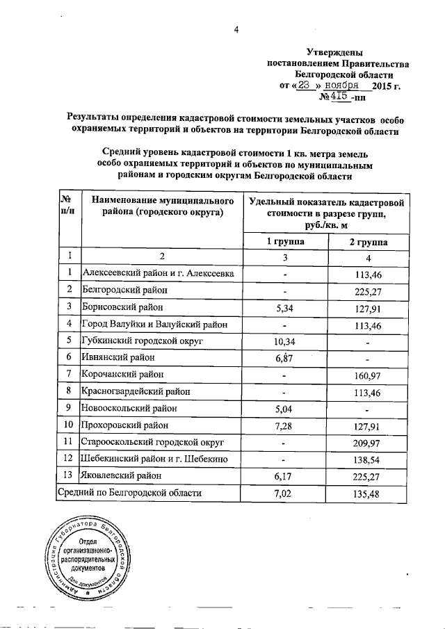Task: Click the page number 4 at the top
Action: click(236, 28)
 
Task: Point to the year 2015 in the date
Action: click(383, 87)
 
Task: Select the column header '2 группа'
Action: click(369, 241)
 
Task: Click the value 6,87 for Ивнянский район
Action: click(284, 357)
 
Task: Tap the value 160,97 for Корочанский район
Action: click(369, 375)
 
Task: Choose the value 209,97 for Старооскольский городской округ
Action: click(369, 442)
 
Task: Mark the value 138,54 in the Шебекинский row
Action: click(369, 459)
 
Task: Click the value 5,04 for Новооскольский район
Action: click(284, 408)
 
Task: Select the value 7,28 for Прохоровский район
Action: click(284, 425)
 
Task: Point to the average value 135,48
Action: click(369, 493)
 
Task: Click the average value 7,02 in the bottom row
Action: click(284, 493)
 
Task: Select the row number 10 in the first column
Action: click(68, 425)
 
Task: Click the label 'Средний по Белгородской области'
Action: click(130, 493)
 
